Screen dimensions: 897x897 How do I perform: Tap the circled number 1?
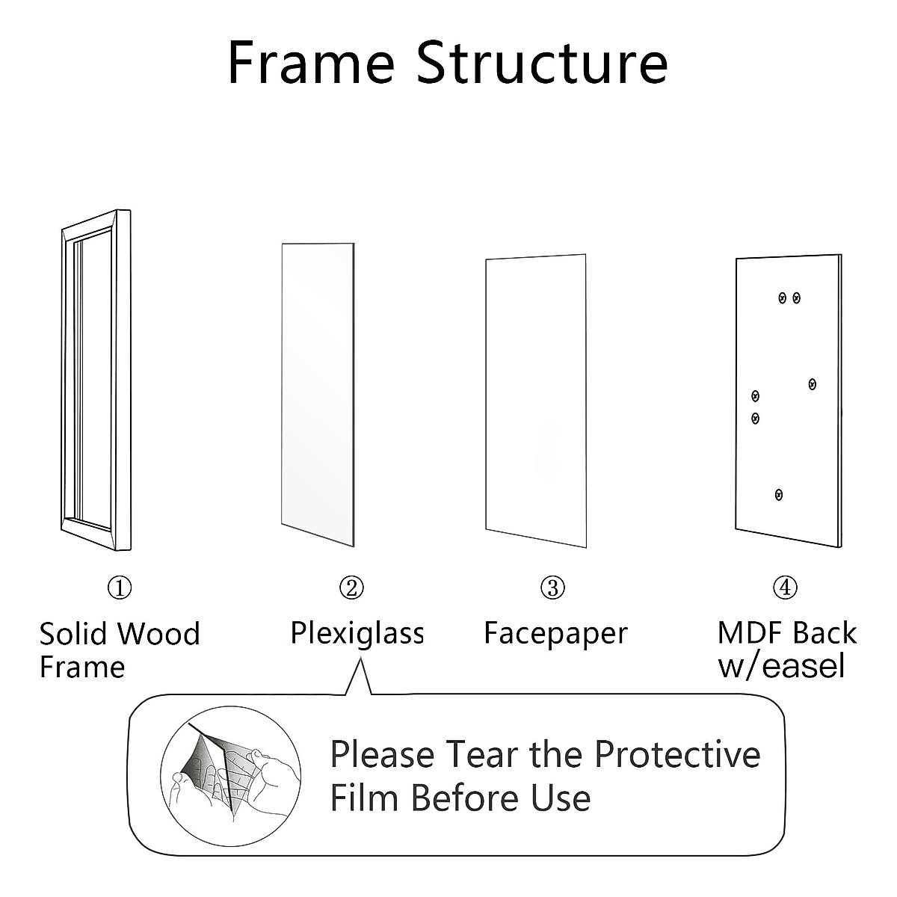(x=120, y=588)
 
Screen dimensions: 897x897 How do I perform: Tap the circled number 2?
(x=351, y=588)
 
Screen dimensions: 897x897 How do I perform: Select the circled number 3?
(x=552, y=588)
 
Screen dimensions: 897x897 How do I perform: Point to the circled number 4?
(x=785, y=588)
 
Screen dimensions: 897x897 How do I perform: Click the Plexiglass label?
(x=357, y=633)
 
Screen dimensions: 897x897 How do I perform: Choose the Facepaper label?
(x=555, y=633)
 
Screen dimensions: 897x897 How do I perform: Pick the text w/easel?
(x=782, y=665)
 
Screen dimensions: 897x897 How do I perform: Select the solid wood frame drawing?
(x=95, y=380)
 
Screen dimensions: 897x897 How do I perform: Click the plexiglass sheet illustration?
(x=317, y=392)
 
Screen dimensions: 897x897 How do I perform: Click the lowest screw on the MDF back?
(x=779, y=494)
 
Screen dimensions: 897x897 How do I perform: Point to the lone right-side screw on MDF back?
(x=813, y=384)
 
